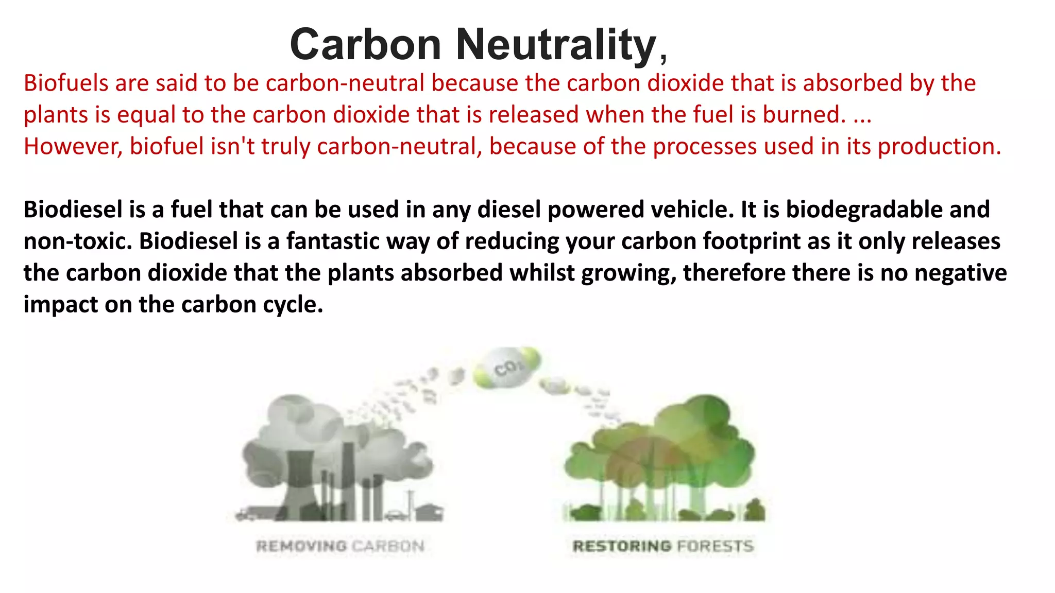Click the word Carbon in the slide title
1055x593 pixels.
[365, 45]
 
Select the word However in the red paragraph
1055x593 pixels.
[73, 147]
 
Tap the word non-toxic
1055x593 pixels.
[78, 241]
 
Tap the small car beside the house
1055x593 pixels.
[397, 514]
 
